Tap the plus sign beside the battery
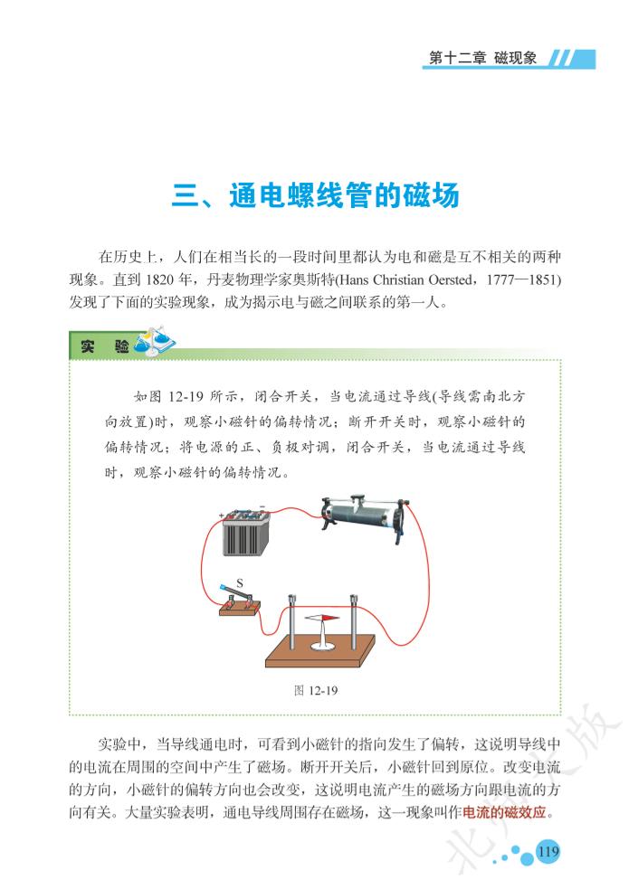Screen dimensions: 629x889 222,515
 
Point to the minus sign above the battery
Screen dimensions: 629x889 262,506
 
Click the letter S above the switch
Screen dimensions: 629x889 239,582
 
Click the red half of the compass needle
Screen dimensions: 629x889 331,618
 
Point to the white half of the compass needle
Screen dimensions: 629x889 314,618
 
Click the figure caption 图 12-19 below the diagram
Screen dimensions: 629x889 316,690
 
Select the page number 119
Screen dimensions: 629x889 548,851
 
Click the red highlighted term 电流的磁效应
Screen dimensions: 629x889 505,812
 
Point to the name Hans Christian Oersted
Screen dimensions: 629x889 406,279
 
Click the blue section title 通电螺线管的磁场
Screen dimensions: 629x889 344,195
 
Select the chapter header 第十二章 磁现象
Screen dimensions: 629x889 482,58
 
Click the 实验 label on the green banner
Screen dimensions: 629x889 104,345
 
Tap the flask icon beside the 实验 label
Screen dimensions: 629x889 155,342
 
